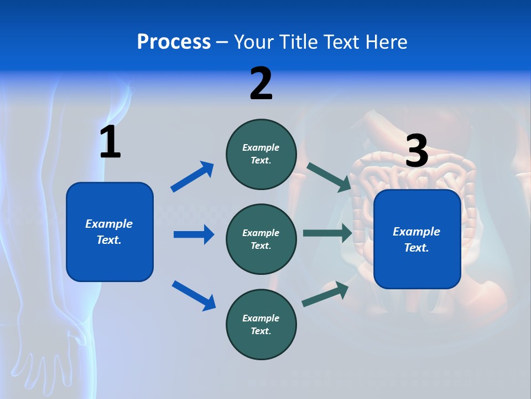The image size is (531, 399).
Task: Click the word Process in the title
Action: click(174, 42)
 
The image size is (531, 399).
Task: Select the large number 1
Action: click(110, 142)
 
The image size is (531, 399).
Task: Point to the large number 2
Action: click(261, 84)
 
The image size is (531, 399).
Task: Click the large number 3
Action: click(417, 151)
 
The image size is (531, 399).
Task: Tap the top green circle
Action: click(261, 154)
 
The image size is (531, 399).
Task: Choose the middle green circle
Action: click(261, 239)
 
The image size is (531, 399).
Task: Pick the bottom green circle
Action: click(261, 324)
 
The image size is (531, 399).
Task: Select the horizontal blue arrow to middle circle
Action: click(194, 234)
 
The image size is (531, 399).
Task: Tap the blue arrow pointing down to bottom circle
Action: click(194, 295)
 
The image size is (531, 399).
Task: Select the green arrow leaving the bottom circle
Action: click(325, 294)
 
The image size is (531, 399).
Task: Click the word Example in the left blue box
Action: click(109, 224)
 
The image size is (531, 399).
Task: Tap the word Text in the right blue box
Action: click(416, 248)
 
